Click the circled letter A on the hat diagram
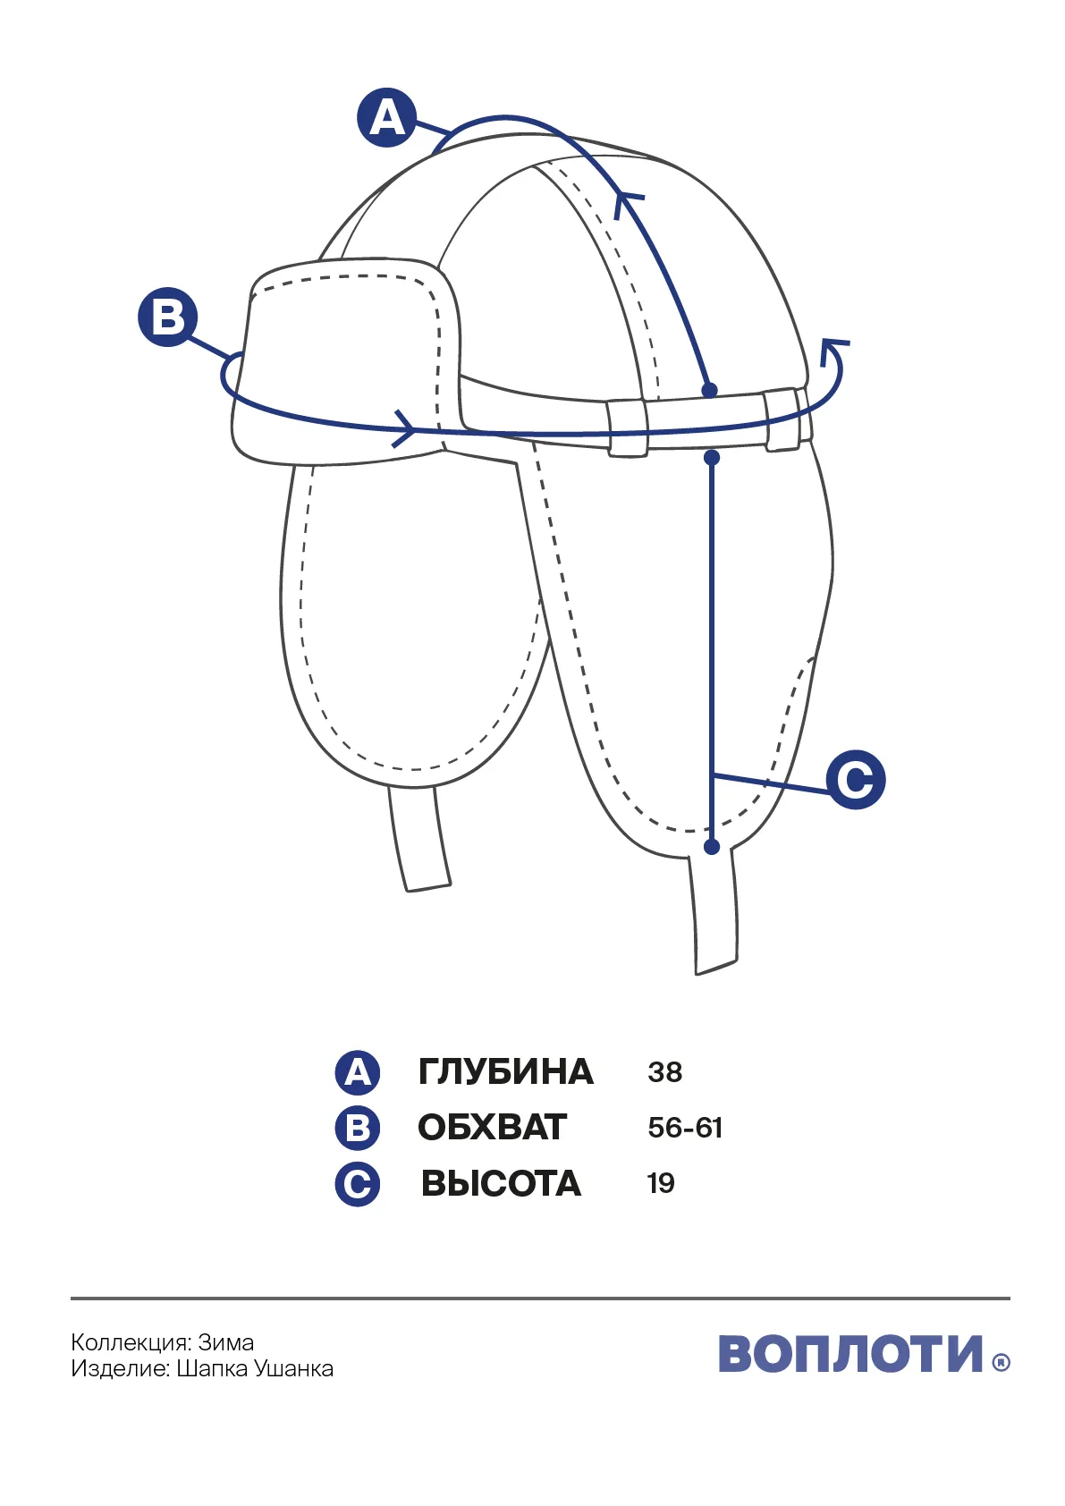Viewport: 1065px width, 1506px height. click(x=386, y=118)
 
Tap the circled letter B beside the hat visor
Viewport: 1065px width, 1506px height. click(x=167, y=317)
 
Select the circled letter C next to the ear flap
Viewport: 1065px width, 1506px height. click(x=855, y=780)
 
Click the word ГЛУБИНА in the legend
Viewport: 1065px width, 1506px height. click(x=505, y=1071)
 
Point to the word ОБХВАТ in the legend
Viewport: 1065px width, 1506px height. click(x=492, y=1128)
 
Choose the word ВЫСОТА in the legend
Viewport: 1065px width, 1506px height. click(x=501, y=1183)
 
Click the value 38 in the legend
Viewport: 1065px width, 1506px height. click(x=665, y=1072)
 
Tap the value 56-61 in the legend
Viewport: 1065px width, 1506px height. click(x=685, y=1128)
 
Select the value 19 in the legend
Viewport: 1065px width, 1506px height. click(x=661, y=1183)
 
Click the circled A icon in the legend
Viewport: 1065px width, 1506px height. click(x=358, y=1072)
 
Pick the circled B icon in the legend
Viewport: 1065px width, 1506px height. click(x=358, y=1128)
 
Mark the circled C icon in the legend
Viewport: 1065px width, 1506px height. click(x=358, y=1184)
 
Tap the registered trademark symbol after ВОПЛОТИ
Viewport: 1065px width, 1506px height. click(x=1002, y=1362)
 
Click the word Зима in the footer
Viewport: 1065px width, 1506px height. click(x=226, y=1342)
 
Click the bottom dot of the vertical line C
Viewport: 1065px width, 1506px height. click(x=712, y=846)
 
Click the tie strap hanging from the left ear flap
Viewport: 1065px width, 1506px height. click(x=419, y=838)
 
